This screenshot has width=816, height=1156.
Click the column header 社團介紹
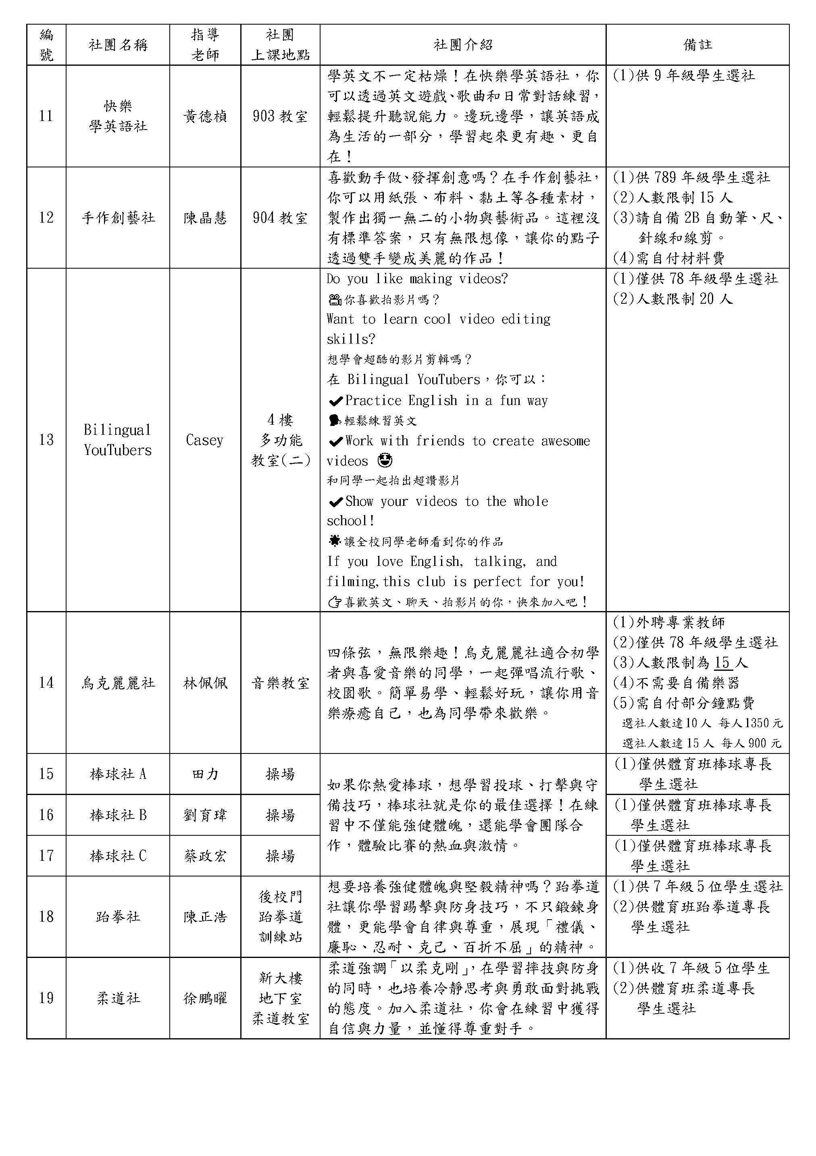[462, 45]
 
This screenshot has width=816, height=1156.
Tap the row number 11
[46, 116]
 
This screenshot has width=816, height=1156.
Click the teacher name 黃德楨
[205, 116]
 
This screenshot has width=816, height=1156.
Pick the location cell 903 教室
[280, 116]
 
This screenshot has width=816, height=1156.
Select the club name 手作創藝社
[118, 217]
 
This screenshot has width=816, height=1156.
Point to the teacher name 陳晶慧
[205, 217]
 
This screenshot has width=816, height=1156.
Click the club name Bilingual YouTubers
[118, 440]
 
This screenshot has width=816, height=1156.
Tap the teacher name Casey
[204, 440]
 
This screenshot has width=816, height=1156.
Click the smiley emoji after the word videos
[385, 461]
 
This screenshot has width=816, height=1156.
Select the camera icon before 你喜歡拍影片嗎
[334, 300]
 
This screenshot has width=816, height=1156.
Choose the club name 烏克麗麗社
[118, 683]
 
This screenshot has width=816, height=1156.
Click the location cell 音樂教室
[280, 683]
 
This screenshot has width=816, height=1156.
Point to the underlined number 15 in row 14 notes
[722, 663]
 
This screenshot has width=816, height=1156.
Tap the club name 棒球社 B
[118, 815]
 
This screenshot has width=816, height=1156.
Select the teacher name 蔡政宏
[205, 856]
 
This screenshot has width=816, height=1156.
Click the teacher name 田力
[205, 774]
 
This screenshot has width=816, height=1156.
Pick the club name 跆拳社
[118, 917]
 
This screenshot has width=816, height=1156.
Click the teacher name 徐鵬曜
[205, 998]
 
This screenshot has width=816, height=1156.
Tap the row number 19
[46, 998]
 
